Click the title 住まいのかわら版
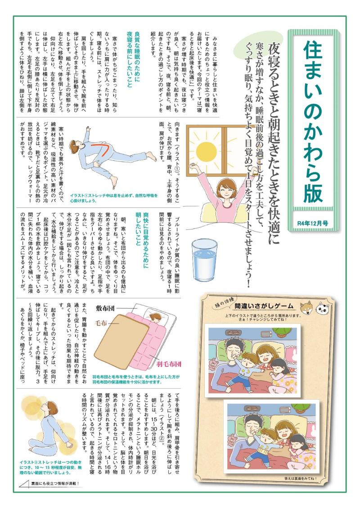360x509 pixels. tap(313, 122)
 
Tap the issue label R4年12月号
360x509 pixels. tap(313, 223)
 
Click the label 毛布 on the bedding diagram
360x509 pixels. tap(101, 323)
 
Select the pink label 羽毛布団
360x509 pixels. tap(168, 364)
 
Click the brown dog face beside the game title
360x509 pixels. tap(306, 307)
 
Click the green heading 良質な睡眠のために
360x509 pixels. tap(137, 59)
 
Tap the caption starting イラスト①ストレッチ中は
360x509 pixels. tap(113, 198)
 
